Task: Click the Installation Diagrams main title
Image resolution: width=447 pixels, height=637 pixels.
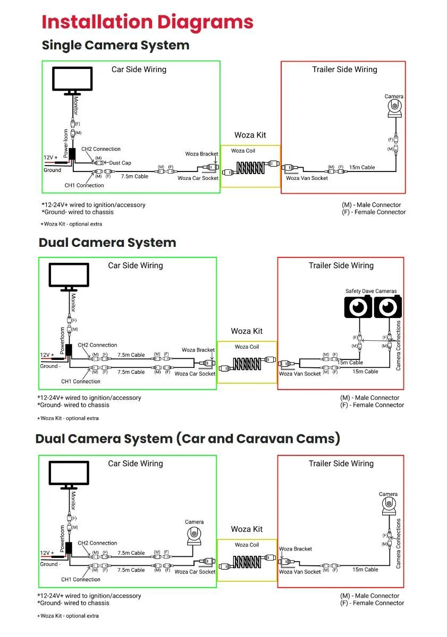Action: (147, 22)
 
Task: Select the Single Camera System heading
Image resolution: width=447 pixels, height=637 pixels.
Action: (115, 45)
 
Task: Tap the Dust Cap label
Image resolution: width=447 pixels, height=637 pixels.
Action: (120, 163)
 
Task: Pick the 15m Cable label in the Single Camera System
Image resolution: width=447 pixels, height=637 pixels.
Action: (361, 167)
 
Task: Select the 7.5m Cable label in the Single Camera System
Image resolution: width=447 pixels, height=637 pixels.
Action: (134, 176)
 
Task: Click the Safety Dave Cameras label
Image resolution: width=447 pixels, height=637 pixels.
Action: (370, 291)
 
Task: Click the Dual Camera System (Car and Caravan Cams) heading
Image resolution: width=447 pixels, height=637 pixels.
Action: (188, 439)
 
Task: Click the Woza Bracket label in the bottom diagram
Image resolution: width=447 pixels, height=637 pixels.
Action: (296, 549)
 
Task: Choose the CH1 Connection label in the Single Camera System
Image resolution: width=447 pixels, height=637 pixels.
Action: (84, 185)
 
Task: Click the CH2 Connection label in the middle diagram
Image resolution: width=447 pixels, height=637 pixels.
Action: (97, 345)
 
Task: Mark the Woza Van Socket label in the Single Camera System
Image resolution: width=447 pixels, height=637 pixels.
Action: (307, 178)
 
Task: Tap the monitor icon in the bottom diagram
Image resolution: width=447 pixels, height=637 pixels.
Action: (69, 474)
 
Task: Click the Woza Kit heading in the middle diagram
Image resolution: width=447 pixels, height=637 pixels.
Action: (247, 331)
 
